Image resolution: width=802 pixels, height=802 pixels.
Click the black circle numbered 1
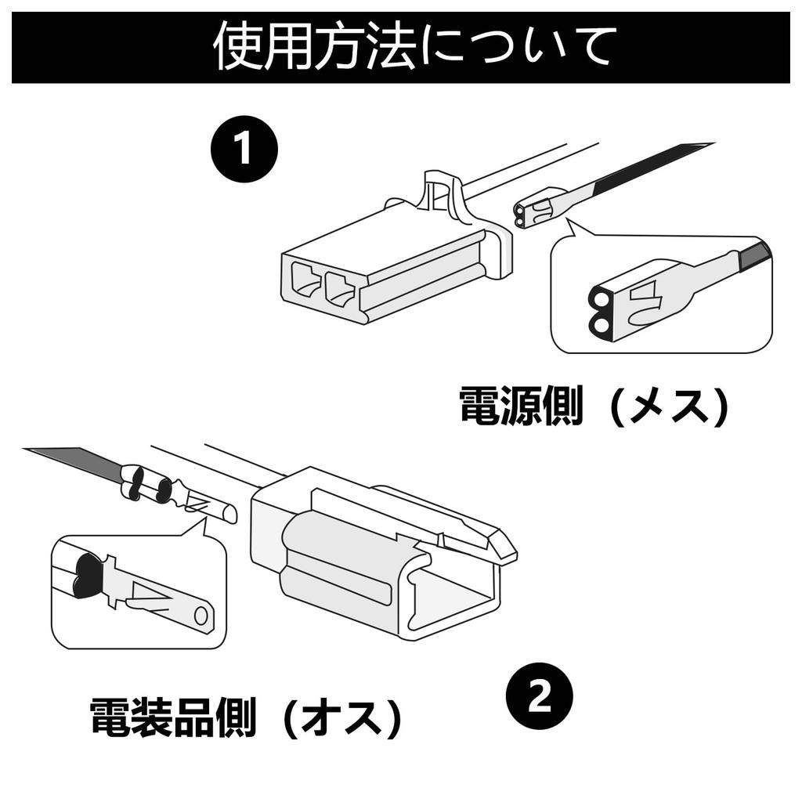point(244,150)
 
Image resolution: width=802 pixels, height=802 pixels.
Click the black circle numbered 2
point(540,696)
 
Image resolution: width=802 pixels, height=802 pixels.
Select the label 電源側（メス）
point(594,406)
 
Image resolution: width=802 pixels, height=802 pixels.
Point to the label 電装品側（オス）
point(246,717)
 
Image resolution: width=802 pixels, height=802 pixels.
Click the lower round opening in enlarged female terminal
point(598,323)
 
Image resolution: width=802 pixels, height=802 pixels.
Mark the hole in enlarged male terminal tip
point(201,616)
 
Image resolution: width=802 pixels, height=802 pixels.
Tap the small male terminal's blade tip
point(228,514)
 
